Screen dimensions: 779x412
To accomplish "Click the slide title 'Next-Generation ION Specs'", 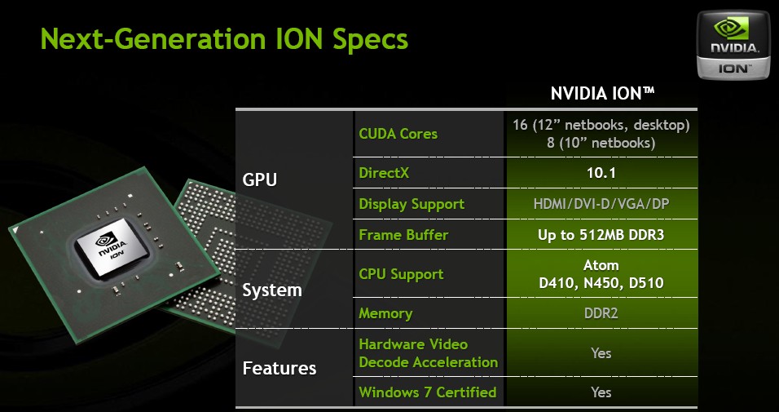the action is pyautogui.click(x=224, y=39).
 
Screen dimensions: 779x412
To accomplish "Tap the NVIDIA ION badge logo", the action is pyautogui.click(x=733, y=46).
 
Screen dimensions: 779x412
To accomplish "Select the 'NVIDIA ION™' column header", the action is pyautogui.click(x=602, y=93).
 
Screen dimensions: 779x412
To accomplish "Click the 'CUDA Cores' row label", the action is pyautogui.click(x=398, y=134).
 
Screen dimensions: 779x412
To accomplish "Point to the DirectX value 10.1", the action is pyautogui.click(x=601, y=173).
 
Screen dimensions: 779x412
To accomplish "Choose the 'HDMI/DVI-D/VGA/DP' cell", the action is pyautogui.click(x=601, y=204).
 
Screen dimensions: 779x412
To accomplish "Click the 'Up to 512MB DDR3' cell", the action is pyautogui.click(x=601, y=235).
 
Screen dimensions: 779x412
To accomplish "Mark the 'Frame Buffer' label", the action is pyautogui.click(x=403, y=235).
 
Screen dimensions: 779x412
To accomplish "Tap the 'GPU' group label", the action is pyautogui.click(x=259, y=179).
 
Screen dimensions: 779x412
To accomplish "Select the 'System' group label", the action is pyautogui.click(x=272, y=290).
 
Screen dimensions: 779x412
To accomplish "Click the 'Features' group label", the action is pyautogui.click(x=279, y=368).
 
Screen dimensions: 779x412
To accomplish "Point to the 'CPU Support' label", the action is pyautogui.click(x=401, y=274).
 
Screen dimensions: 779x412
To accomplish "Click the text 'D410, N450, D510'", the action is pyautogui.click(x=601, y=283).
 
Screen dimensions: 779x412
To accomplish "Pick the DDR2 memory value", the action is pyautogui.click(x=601, y=313).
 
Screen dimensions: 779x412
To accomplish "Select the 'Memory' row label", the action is pyautogui.click(x=385, y=313).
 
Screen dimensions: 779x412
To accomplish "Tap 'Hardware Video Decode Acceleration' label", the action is pyautogui.click(x=429, y=353).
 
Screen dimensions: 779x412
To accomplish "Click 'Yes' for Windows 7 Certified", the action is pyautogui.click(x=601, y=392).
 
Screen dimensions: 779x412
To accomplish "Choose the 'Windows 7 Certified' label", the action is pyautogui.click(x=427, y=392).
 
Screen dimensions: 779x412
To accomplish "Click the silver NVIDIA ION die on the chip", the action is pyautogui.click(x=111, y=248).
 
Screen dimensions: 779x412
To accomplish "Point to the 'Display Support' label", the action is pyautogui.click(x=412, y=204).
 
